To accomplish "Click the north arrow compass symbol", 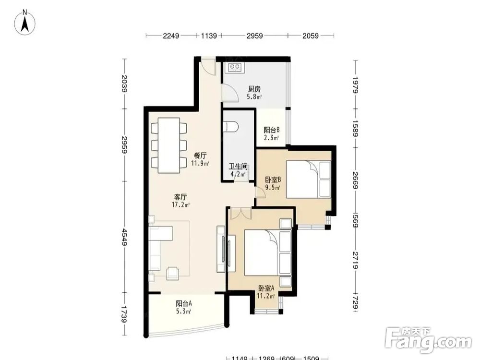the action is click(x=25, y=22).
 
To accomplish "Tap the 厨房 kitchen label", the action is click(x=254, y=89).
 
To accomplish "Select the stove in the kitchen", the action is click(x=235, y=68).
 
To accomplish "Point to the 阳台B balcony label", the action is click(x=272, y=130).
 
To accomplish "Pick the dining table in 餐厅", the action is click(x=168, y=145).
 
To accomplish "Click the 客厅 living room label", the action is click(x=180, y=197).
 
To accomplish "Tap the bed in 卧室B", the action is click(x=309, y=180).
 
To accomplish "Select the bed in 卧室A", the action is click(x=267, y=253).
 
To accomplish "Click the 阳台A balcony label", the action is click(x=184, y=304).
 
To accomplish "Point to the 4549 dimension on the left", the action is click(x=124, y=237).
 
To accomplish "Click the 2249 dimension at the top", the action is click(x=171, y=36).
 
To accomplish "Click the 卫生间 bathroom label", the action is click(x=239, y=167).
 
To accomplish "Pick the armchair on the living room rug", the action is click(x=173, y=273).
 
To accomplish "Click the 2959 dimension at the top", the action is click(x=255, y=36).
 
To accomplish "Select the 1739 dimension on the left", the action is click(x=124, y=314).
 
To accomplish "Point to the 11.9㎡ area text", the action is click(x=200, y=163).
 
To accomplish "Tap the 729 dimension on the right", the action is click(x=355, y=302).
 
